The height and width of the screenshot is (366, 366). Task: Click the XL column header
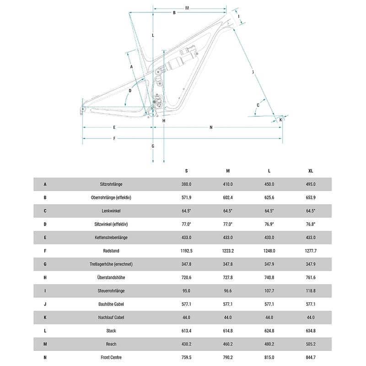(311, 171)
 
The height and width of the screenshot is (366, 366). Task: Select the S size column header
(186, 171)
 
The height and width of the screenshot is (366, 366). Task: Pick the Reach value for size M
(228, 344)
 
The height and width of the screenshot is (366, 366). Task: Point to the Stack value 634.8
(311, 330)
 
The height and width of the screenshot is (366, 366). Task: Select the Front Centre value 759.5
(186, 357)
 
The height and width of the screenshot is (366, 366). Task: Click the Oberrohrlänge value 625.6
(269, 198)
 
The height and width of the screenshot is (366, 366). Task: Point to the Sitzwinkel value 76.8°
(311, 224)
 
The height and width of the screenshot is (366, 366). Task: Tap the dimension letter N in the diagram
(211, 127)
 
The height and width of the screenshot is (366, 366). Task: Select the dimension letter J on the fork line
(253, 72)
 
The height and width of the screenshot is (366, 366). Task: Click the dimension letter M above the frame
(187, 8)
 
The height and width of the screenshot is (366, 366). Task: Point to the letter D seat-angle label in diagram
(130, 91)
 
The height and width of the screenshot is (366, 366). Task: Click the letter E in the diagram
(114, 127)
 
